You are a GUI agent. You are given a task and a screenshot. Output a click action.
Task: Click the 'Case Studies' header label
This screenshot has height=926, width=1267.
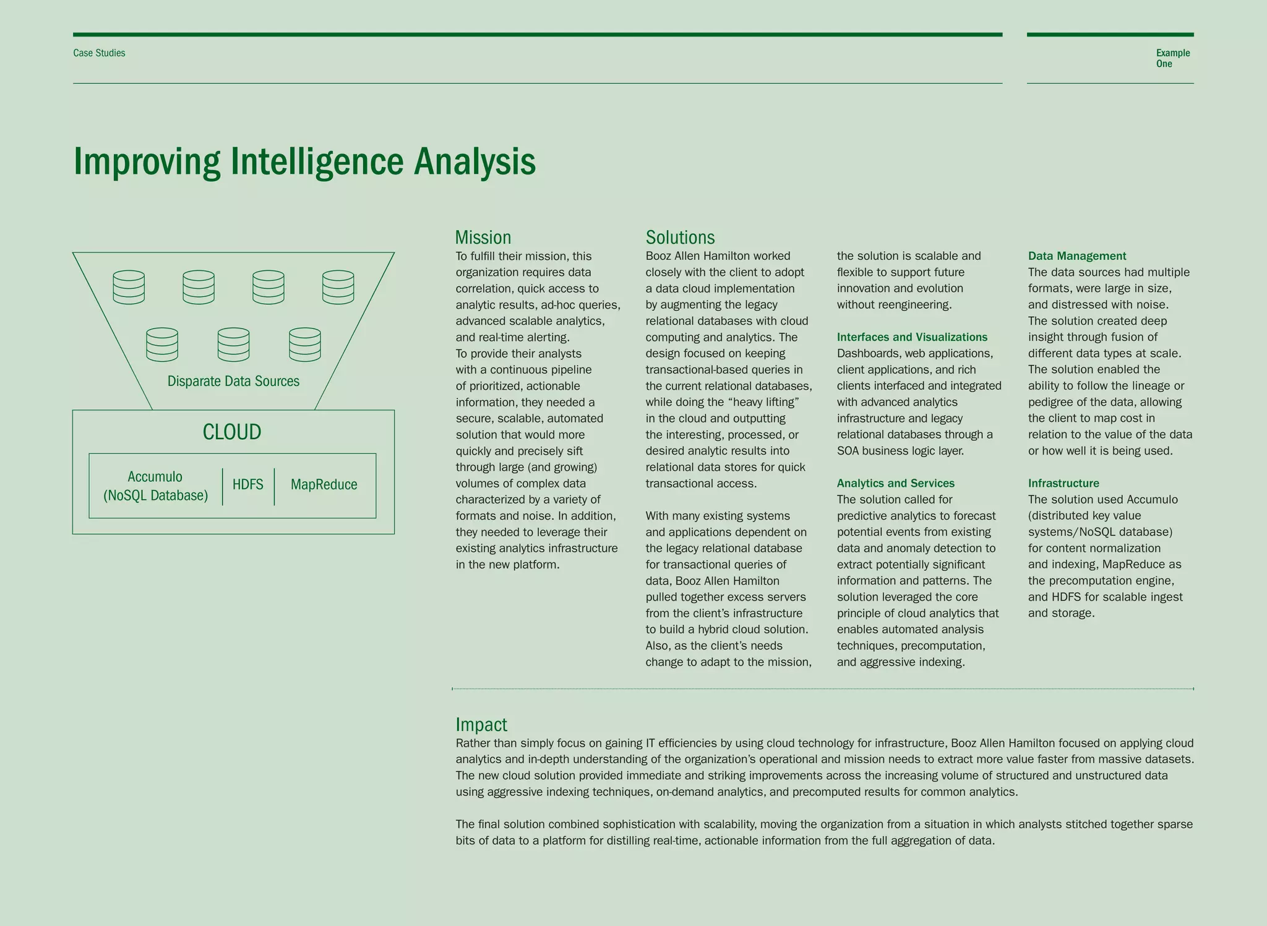[99, 53]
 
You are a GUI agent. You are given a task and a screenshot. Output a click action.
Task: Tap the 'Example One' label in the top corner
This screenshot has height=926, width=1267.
[1172, 58]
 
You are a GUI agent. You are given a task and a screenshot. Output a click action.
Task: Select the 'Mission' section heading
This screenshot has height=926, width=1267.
[483, 238]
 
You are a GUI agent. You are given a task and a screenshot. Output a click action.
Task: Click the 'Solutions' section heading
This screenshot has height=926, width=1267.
[680, 238]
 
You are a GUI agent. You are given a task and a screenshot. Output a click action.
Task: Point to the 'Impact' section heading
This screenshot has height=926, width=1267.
[481, 724]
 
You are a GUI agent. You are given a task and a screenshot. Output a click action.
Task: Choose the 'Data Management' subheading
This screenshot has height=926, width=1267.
[1076, 256]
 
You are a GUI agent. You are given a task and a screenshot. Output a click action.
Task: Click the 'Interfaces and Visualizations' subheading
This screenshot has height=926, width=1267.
[912, 337]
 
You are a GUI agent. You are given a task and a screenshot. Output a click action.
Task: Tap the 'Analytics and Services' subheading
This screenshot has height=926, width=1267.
[895, 483]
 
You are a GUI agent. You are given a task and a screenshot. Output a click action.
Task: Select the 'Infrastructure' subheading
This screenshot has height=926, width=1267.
[1063, 483]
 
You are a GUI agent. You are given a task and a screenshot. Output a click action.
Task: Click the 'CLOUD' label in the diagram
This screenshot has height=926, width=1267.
[232, 432]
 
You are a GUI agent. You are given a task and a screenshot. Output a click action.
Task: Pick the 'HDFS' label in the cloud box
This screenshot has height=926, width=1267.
[248, 484]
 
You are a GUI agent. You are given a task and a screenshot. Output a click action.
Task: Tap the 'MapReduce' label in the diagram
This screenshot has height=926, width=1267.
[324, 484]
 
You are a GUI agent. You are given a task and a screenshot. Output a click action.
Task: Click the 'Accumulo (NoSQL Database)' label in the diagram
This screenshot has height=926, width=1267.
[155, 486]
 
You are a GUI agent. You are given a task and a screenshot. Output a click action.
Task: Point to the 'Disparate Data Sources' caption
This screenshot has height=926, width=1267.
[233, 381]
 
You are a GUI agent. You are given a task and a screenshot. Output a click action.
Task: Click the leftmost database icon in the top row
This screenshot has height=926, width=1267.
[129, 288]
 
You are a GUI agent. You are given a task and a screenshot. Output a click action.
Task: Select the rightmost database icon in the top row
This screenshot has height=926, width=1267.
[338, 288]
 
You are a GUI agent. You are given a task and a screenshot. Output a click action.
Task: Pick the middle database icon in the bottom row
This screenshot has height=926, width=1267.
[233, 345]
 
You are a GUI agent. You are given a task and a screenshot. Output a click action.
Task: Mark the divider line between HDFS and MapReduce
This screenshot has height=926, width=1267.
[274, 486]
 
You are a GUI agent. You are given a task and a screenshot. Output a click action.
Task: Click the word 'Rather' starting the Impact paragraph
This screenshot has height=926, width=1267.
[473, 743]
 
